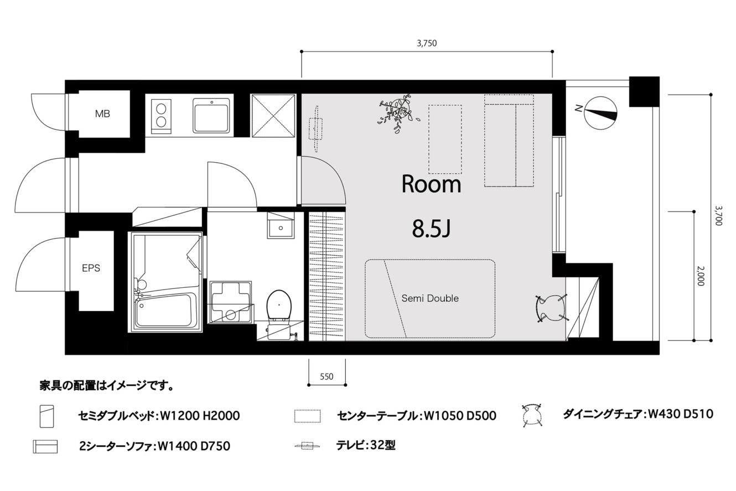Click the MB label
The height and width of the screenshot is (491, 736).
click(x=102, y=114)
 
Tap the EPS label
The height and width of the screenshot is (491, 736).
click(x=91, y=268)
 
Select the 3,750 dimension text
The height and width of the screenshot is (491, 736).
click(x=427, y=43)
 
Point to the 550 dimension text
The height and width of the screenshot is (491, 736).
click(x=326, y=376)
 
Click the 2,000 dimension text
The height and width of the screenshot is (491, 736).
click(x=701, y=276)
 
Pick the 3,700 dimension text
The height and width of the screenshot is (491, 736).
click(x=719, y=216)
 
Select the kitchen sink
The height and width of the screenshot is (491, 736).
click(x=211, y=115)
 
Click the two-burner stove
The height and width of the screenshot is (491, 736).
click(x=162, y=117)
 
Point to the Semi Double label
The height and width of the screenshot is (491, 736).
click(x=430, y=298)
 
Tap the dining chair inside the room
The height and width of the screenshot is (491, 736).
click(x=551, y=308)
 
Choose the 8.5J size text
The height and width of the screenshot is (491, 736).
click(x=431, y=229)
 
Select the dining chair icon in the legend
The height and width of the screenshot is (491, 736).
click(x=532, y=416)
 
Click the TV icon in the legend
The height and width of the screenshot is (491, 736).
click(x=308, y=446)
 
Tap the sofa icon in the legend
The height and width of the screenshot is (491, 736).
click(x=45, y=446)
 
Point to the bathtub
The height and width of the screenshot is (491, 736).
click(x=164, y=310)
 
